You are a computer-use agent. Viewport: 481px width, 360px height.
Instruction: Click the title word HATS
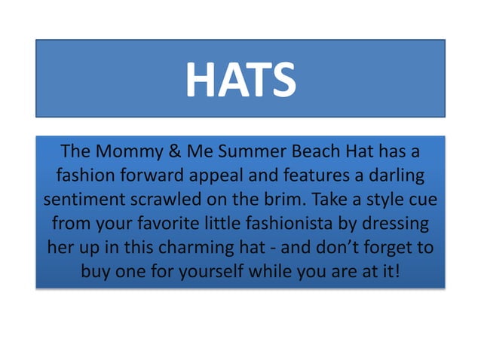[240, 80]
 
